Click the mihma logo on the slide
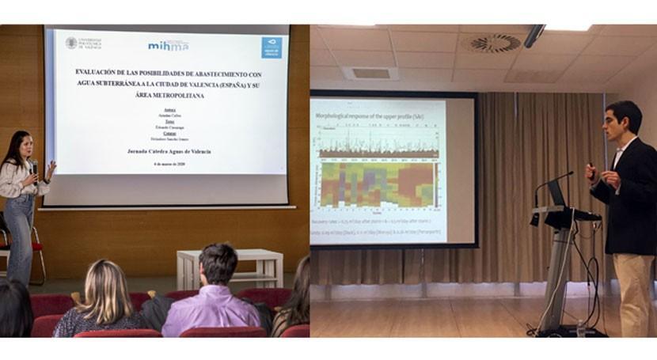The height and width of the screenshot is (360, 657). (x=168, y=45)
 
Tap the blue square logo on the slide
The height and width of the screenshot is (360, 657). (x=272, y=47)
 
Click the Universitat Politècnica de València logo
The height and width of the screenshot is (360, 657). (x=83, y=43)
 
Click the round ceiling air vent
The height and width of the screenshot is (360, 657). (x=494, y=44)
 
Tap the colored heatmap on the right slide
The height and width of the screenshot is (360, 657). (x=378, y=184)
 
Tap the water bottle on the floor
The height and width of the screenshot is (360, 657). (x=582, y=328)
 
